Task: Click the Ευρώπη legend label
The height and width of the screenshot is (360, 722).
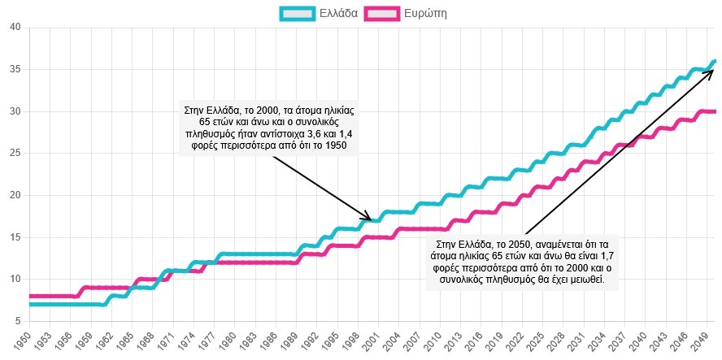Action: click(425, 13)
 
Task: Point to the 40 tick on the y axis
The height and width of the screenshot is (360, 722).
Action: click(15, 28)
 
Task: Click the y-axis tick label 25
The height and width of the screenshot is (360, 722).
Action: click(15, 153)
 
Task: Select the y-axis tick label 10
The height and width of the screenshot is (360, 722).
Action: click(15, 279)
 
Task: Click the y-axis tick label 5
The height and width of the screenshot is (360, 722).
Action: click(17, 320)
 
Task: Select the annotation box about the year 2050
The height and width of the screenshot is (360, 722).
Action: click(522, 262)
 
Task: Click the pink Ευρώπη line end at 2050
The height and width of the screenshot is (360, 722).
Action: click(713, 111)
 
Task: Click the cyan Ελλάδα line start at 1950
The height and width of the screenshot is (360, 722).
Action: click(31, 304)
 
